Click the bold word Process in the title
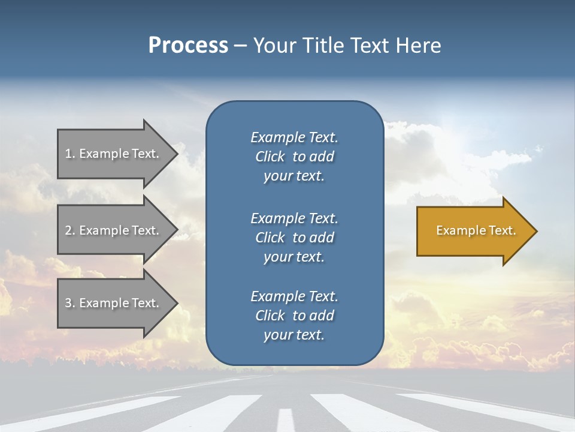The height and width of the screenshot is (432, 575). (188, 46)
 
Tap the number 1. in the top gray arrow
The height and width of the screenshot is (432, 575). (70, 154)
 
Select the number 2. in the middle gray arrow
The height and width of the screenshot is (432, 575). (70, 230)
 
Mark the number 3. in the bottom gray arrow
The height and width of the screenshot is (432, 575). (70, 303)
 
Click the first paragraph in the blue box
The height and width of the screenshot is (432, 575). (294, 157)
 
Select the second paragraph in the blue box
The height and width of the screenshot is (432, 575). (294, 237)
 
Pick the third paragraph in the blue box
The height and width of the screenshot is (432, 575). (294, 316)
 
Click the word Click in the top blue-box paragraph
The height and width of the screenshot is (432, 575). (270, 157)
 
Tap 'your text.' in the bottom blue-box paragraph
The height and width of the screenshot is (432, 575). (294, 335)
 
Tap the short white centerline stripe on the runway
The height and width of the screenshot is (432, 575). (286, 419)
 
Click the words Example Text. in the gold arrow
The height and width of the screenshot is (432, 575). (476, 230)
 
